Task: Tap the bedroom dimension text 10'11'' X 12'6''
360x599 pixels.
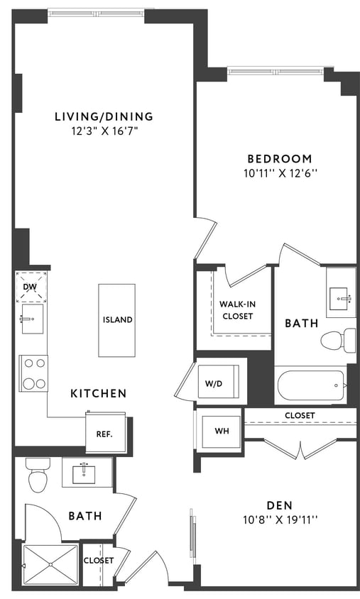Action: tap(279, 172)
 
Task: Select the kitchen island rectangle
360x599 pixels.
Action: tap(117, 320)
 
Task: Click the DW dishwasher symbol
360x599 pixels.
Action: tap(30, 287)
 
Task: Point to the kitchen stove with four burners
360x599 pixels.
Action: tap(33, 373)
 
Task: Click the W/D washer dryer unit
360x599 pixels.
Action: tap(214, 384)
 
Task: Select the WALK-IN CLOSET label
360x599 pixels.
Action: tap(237, 310)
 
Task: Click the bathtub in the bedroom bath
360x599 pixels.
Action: tap(310, 386)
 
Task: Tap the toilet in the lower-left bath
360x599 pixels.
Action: tap(37, 476)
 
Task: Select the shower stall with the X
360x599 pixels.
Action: tap(50, 565)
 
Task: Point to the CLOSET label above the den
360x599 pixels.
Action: tap(300, 415)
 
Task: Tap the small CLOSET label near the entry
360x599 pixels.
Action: tap(98, 561)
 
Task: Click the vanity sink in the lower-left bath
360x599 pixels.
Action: tap(88, 472)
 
